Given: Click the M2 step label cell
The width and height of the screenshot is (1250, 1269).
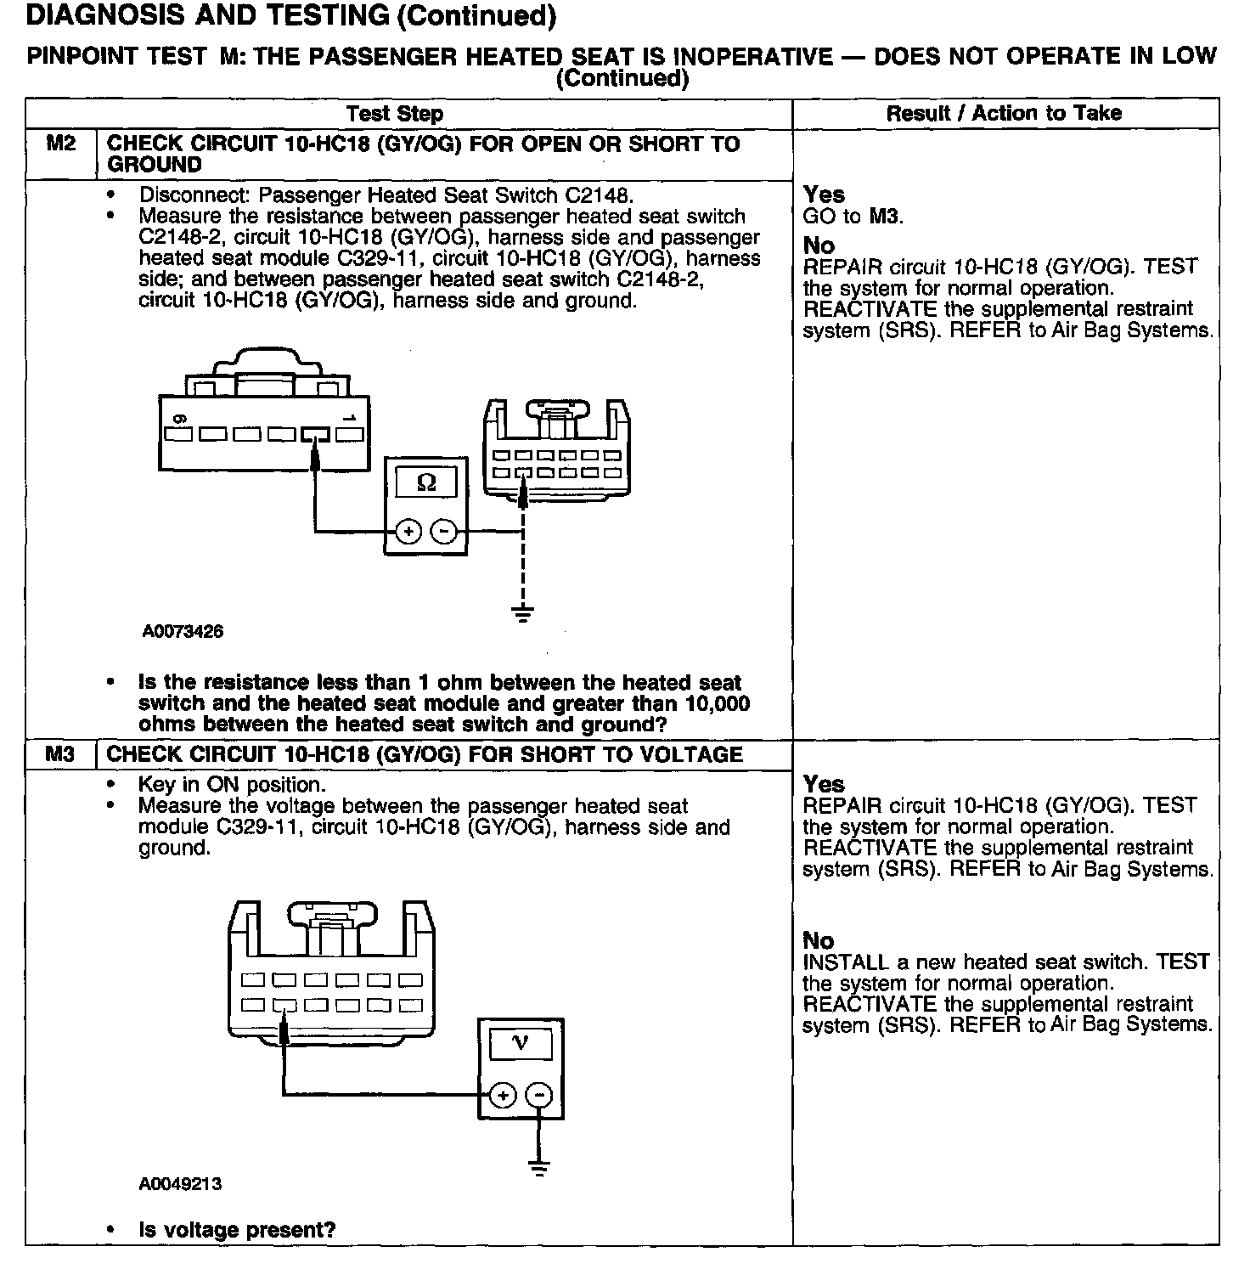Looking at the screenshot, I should coord(60,144).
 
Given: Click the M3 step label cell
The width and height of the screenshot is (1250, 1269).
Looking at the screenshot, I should coord(60,754).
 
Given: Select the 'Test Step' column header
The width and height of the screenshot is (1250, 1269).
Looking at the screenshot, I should coord(394,114).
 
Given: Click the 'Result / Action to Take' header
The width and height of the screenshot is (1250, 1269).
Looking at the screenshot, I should coord(1004,113).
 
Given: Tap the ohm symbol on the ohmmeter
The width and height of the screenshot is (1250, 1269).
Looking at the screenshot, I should coord(427,483).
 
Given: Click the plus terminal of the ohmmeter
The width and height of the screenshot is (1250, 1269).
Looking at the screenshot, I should coord(408,533).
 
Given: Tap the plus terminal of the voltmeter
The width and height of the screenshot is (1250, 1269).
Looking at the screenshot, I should coord(503,1095).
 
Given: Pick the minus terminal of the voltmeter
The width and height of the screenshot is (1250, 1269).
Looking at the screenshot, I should coord(538,1095).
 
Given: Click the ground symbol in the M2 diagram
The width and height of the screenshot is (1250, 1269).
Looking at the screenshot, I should coord(523,612).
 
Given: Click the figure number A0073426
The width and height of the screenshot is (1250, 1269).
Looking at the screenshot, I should coord(183,632).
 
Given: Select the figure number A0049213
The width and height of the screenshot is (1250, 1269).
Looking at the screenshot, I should coord(180,1184).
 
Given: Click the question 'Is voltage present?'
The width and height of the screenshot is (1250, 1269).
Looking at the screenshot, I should coord(237,1230).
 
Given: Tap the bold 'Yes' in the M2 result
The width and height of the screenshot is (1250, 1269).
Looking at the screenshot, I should coord(824,195).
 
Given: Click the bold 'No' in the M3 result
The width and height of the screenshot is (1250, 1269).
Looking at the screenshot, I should coord(819,940).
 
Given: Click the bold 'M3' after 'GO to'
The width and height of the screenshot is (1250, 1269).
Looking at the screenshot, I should coord(883,217).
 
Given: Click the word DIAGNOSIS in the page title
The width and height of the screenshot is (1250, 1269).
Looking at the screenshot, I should coord(91,15).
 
